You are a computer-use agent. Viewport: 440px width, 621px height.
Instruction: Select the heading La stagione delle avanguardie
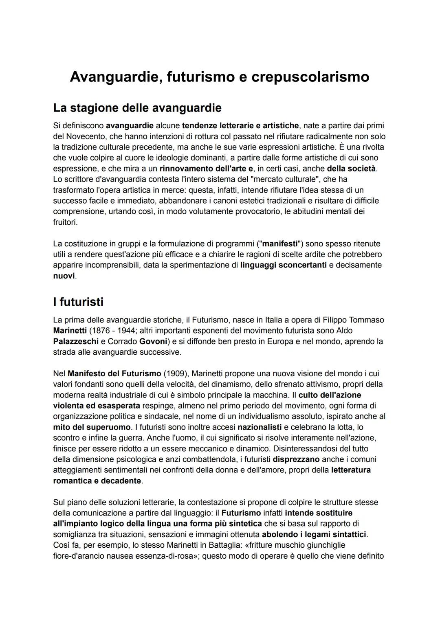point(137,108)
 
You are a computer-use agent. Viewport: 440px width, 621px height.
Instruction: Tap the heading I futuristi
point(78,302)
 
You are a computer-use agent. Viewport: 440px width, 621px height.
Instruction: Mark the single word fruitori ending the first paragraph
point(65,222)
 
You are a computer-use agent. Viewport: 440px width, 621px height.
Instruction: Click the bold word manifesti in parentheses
point(280,244)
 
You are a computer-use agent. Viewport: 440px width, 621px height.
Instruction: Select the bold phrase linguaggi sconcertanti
point(283,265)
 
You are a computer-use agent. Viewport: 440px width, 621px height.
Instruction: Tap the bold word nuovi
point(64,276)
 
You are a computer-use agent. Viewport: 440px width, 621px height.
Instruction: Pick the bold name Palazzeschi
point(76,341)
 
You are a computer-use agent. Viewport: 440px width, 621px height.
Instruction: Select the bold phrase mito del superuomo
point(92,427)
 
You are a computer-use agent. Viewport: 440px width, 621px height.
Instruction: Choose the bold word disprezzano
point(296,459)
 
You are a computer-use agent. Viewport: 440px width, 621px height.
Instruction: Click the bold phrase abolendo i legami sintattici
point(314,534)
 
